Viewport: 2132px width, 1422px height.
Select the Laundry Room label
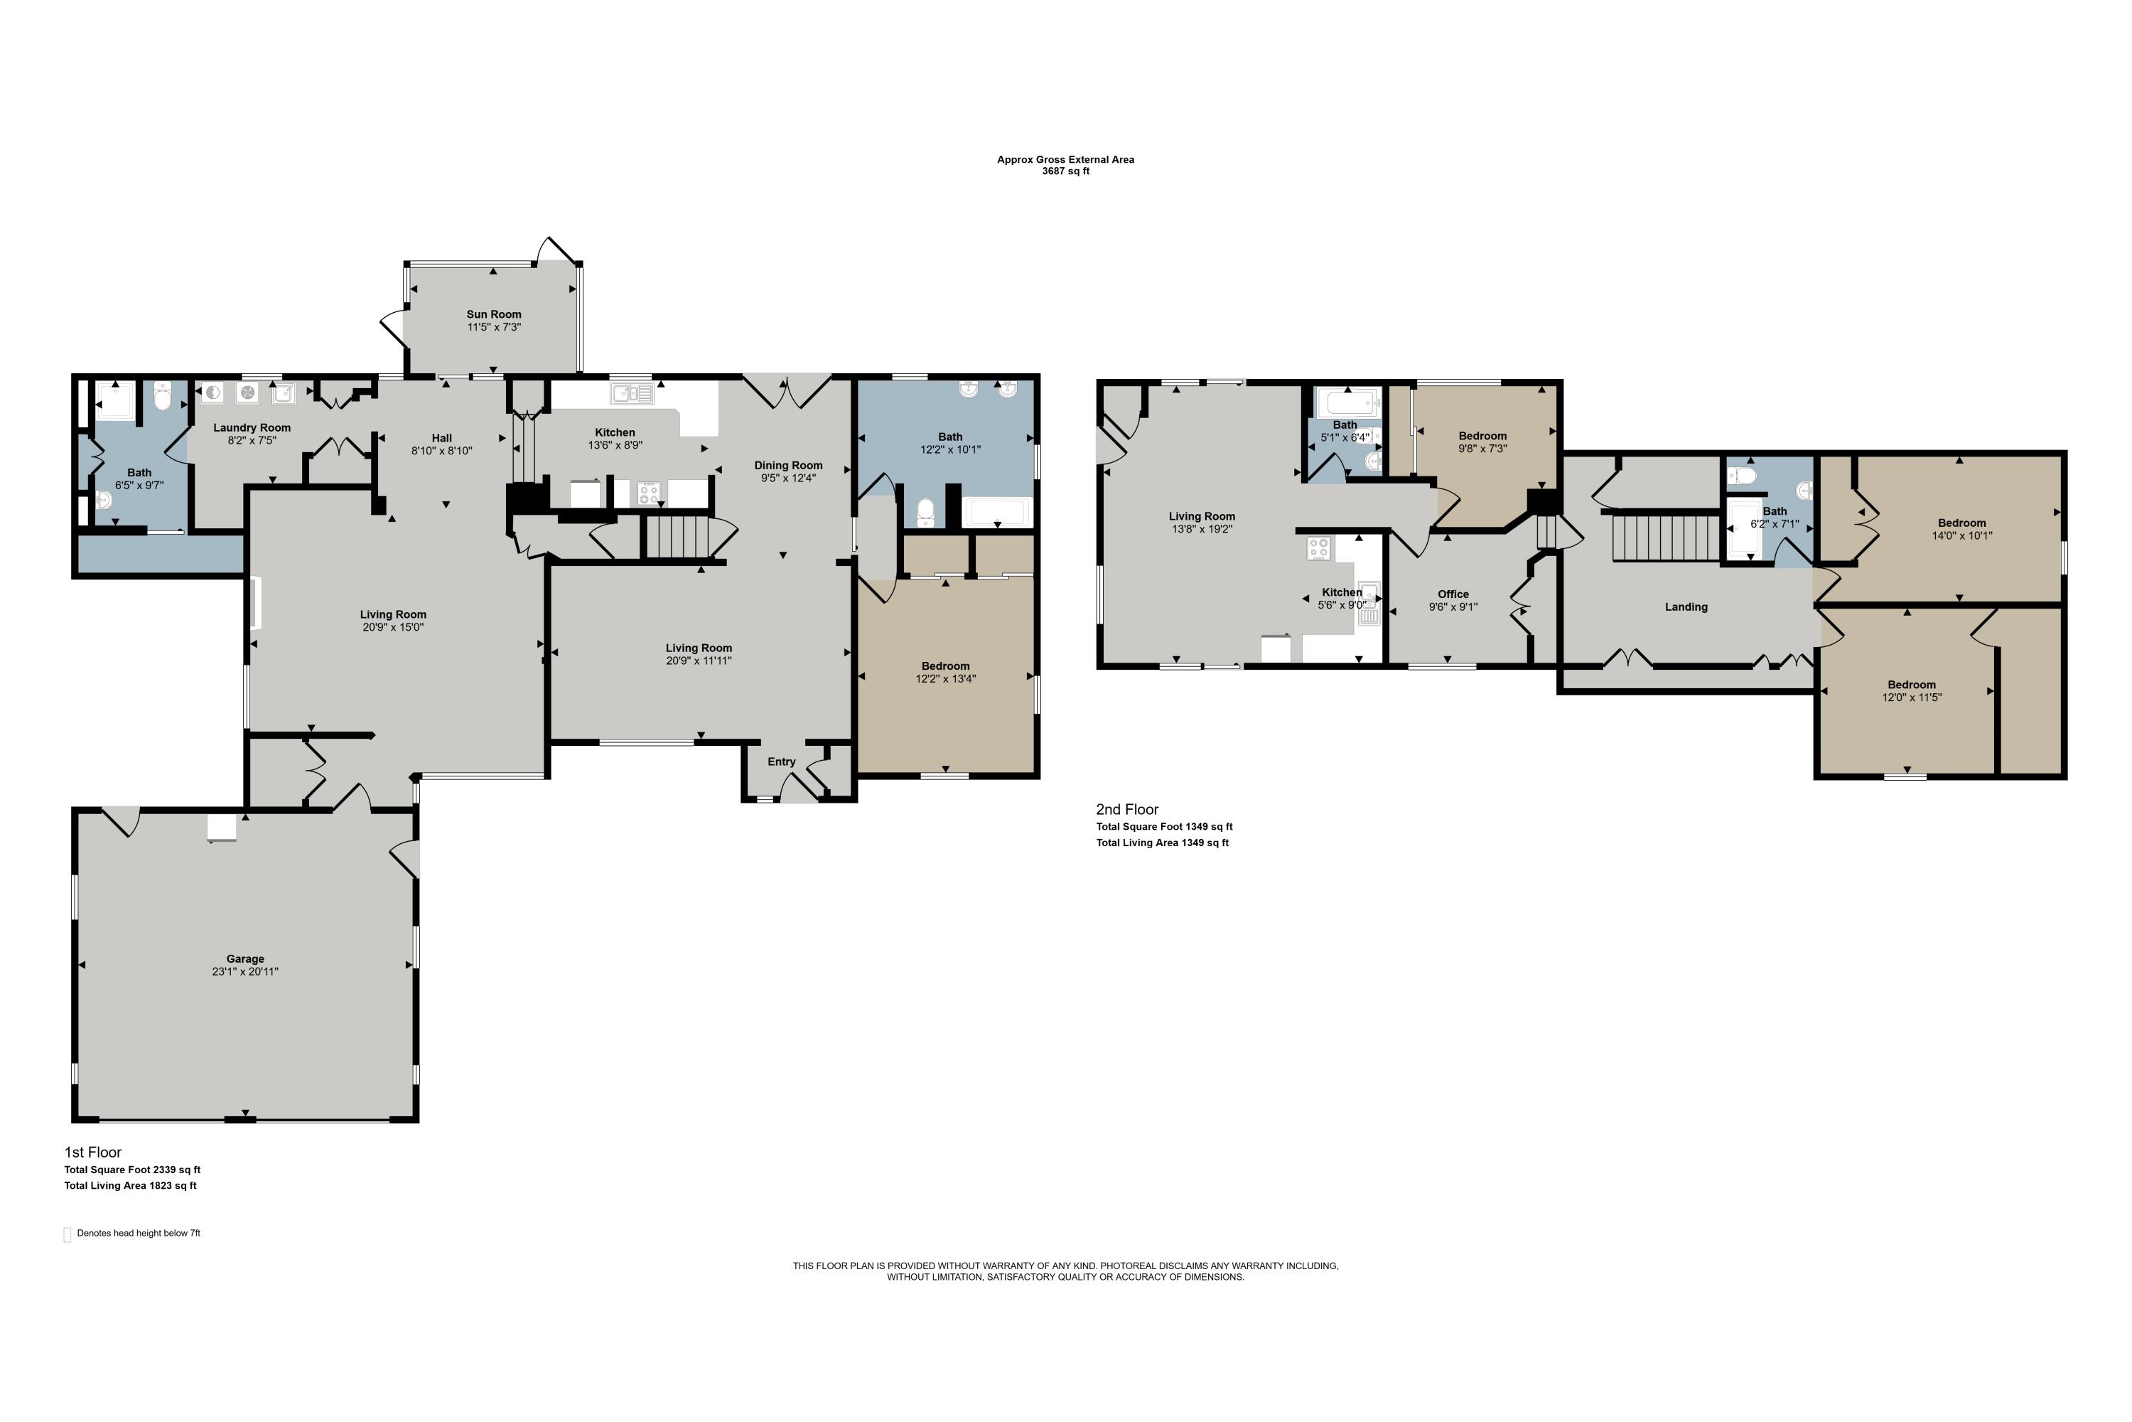[252, 428]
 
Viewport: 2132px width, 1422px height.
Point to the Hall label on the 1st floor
[442, 438]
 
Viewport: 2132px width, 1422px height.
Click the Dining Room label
[789, 465]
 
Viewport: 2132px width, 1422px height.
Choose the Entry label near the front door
[781, 761]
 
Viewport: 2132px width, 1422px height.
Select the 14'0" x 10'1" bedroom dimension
[1961, 536]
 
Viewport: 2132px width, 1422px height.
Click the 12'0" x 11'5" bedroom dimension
[1912, 698]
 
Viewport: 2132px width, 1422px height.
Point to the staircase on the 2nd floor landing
[1666, 537]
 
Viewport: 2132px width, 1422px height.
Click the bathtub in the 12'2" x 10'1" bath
[997, 513]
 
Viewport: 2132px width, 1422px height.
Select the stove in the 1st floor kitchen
[649, 494]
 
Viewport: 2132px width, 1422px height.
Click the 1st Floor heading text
[92, 1153]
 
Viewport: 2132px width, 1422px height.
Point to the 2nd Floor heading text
[1128, 810]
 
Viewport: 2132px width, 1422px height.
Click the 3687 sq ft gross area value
[1066, 171]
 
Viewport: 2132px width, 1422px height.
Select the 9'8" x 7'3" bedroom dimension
[1483, 449]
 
